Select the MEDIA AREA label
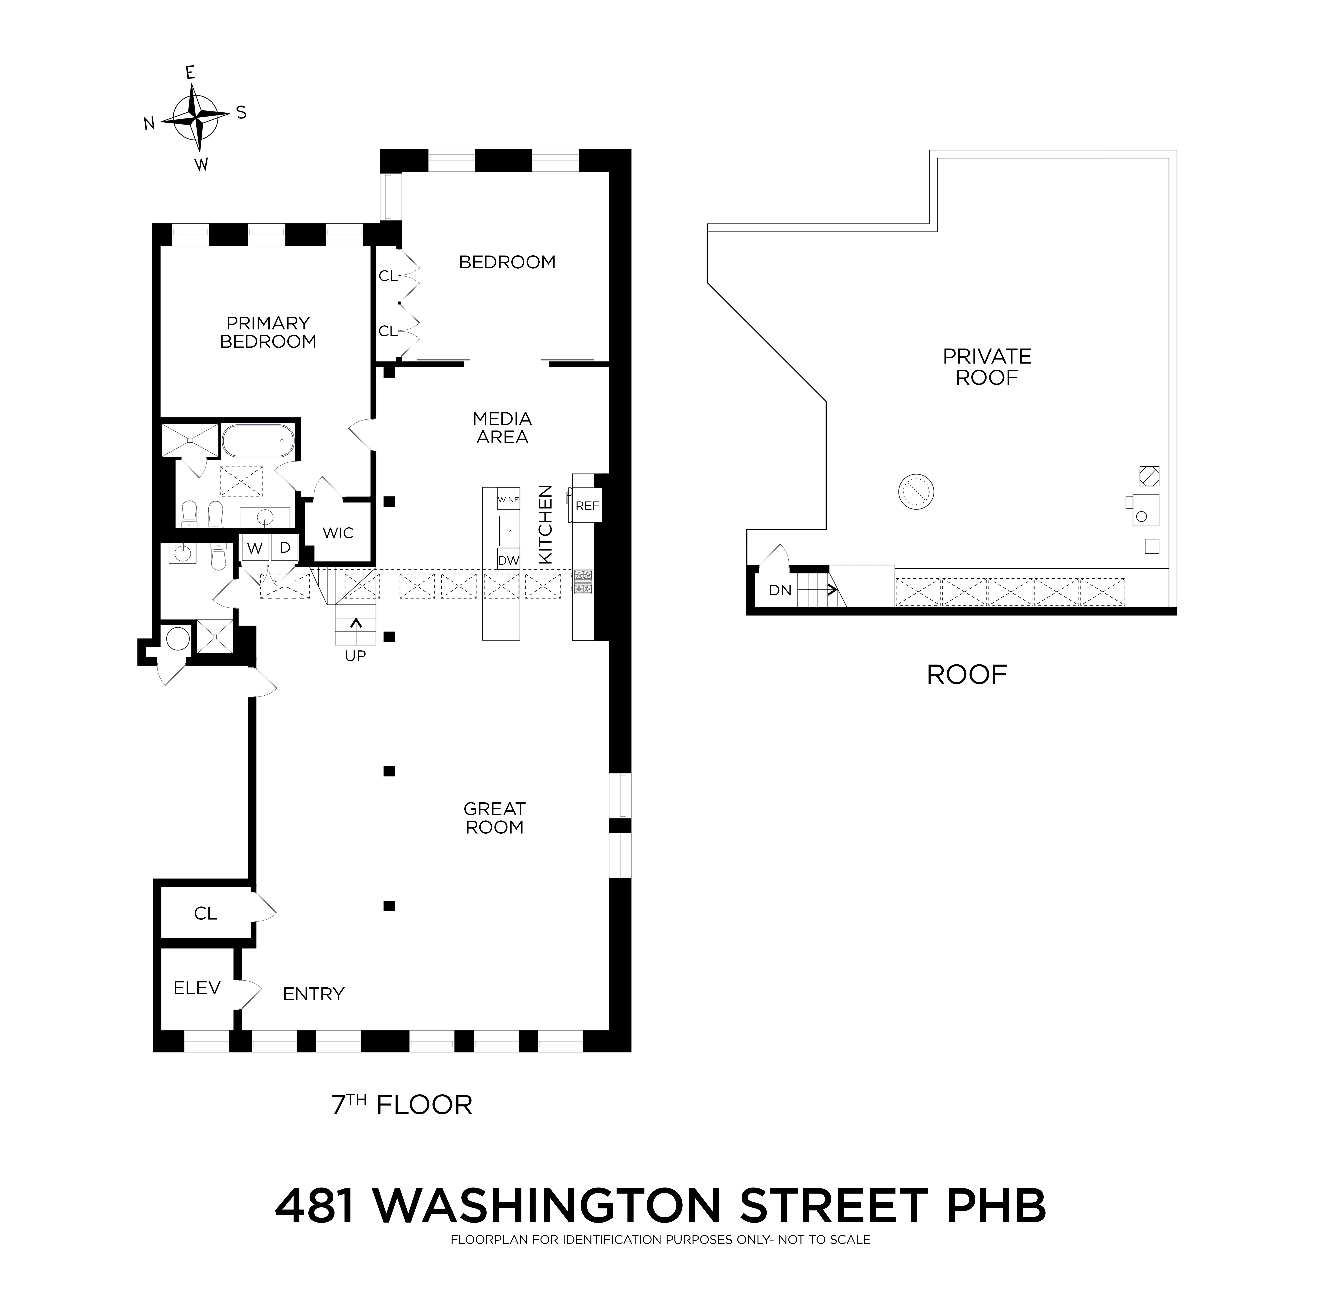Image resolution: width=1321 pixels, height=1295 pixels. [x=502, y=428]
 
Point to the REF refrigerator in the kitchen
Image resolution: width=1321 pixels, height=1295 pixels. [x=587, y=506]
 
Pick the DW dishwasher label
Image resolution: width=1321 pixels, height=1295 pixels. [x=508, y=560]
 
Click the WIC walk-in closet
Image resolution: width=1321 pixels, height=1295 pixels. [x=338, y=532]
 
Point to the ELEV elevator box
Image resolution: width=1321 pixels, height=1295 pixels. [x=196, y=988]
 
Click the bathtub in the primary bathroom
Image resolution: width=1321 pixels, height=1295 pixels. [x=259, y=441]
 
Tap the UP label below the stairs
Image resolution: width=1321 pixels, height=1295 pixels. [x=355, y=656]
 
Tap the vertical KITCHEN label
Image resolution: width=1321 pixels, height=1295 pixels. [x=545, y=524]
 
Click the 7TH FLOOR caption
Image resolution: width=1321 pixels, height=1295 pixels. [x=401, y=1105]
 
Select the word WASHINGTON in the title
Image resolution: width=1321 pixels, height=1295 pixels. [x=547, y=1206]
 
